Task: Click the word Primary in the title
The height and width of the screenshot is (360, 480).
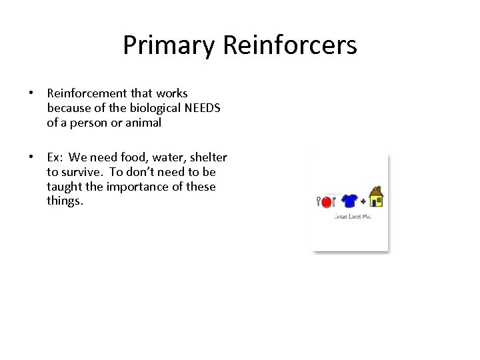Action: pyautogui.click(x=169, y=46)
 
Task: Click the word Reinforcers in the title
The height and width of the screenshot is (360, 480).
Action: pyautogui.click(x=290, y=45)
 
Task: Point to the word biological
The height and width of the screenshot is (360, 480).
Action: pyautogui.click(x=137, y=108)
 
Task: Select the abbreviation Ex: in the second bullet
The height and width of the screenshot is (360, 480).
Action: pyautogui.click(x=56, y=157)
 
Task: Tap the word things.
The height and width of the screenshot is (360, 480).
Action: pyautogui.click(x=65, y=201)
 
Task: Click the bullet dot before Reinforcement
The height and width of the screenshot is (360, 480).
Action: pyautogui.click(x=31, y=93)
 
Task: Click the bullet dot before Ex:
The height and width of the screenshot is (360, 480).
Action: pyautogui.click(x=31, y=157)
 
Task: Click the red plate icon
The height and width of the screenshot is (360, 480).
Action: pyautogui.click(x=327, y=202)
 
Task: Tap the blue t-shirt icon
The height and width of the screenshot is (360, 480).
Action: pyautogui.click(x=348, y=201)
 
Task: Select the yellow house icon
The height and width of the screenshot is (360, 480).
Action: pyautogui.click(x=376, y=197)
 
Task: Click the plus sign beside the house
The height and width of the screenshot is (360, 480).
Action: pyautogui.click(x=363, y=201)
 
